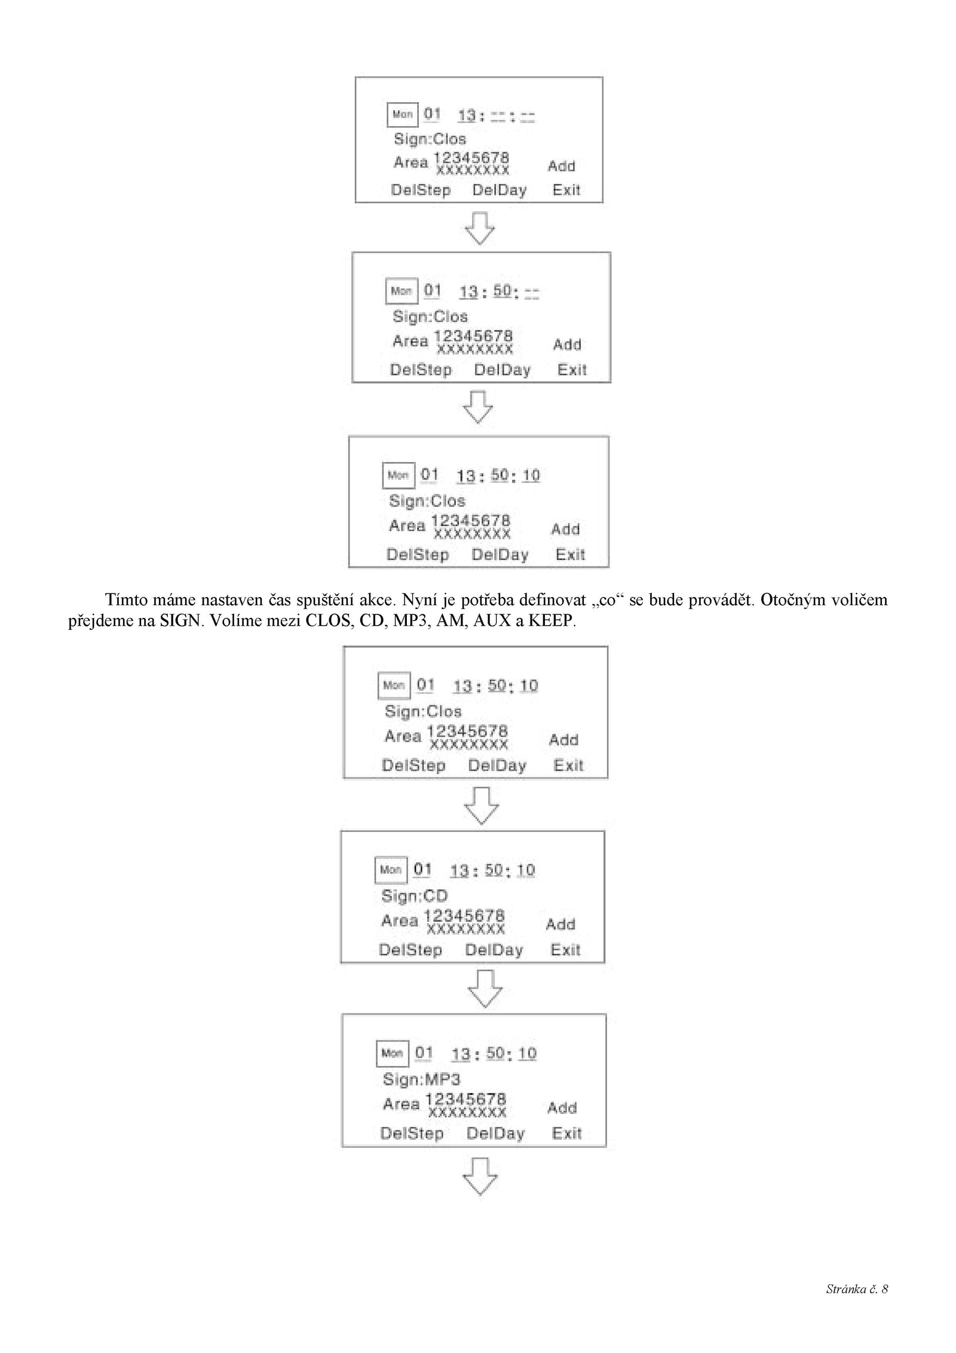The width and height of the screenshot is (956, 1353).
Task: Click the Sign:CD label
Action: (x=414, y=896)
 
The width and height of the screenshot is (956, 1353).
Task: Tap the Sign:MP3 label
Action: (x=422, y=1079)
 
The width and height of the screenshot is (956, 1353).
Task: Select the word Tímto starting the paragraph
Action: (x=127, y=600)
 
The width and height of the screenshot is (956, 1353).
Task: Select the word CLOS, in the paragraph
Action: (x=329, y=621)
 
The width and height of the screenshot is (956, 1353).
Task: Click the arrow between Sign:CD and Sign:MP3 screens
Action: (x=485, y=988)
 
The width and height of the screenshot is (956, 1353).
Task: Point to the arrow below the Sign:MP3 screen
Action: (x=480, y=1177)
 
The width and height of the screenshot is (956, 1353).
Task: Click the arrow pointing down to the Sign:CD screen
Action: (x=482, y=806)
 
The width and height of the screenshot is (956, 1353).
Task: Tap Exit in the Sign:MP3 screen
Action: (x=566, y=1134)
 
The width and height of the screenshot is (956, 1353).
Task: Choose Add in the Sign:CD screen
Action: (x=560, y=925)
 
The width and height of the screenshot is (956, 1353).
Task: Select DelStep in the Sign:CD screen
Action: (x=410, y=950)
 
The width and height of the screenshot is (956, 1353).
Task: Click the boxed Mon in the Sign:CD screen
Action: (x=391, y=870)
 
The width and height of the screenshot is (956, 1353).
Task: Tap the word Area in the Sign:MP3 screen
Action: (x=402, y=1104)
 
